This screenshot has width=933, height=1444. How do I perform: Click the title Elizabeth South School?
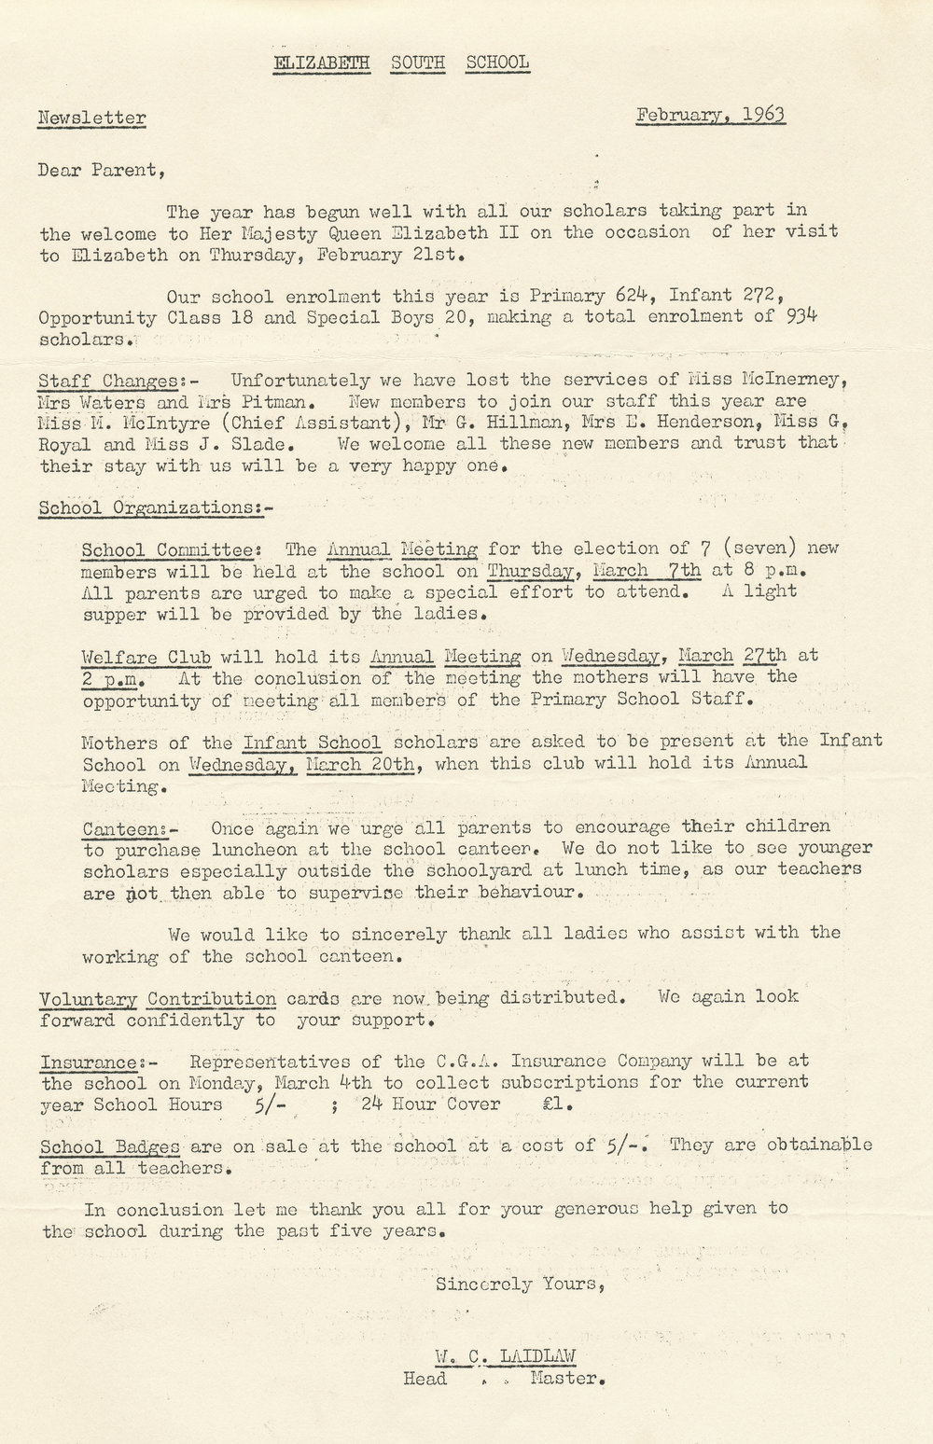click(401, 62)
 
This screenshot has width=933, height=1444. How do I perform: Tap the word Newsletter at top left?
click(91, 118)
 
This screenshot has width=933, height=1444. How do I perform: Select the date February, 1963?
click(710, 115)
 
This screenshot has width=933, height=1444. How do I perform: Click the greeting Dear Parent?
click(102, 170)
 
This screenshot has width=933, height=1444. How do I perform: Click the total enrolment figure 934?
click(800, 317)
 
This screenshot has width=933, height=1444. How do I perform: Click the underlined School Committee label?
click(160, 549)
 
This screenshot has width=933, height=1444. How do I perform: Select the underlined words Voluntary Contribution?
click(158, 997)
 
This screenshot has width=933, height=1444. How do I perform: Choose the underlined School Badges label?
click(109, 1145)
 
